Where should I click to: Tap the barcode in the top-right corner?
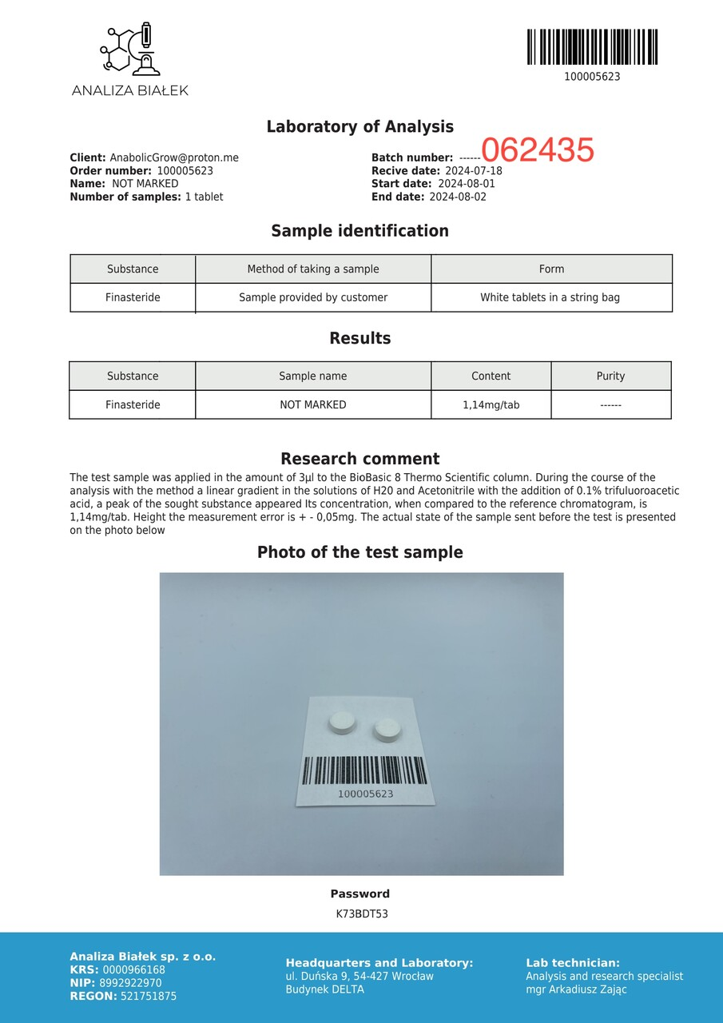tap(592, 47)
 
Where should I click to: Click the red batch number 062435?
tap(538, 150)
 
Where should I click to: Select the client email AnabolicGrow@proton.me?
tap(174, 158)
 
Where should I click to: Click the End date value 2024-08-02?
tap(458, 197)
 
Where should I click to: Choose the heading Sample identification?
tap(360, 231)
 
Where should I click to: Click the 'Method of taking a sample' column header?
tap(313, 269)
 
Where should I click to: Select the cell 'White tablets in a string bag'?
tap(550, 297)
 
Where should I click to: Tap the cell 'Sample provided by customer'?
tap(313, 297)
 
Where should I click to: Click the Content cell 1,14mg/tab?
tap(491, 405)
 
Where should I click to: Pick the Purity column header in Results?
tap(610, 376)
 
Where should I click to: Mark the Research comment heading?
tap(360, 459)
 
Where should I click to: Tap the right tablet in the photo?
tap(387, 729)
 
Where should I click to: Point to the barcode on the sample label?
tap(364, 770)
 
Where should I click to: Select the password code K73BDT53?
tap(362, 914)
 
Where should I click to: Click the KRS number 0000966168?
tap(133, 970)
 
